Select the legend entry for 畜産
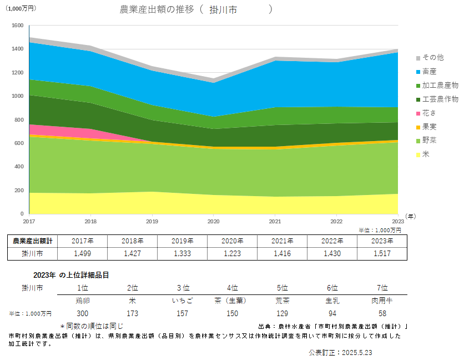click(x=428, y=72)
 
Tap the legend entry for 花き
click(x=428, y=113)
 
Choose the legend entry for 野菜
click(x=428, y=141)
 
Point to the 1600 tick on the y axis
click(x=17, y=26)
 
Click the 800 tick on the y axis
click(x=18, y=120)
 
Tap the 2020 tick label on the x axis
click(x=214, y=221)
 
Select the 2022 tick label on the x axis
click(x=336, y=221)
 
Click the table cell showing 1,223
click(x=232, y=254)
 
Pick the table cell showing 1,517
click(x=382, y=254)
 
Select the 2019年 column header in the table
click(x=182, y=241)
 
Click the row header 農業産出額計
click(x=32, y=241)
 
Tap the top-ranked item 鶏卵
click(x=82, y=301)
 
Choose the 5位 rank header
click(x=282, y=288)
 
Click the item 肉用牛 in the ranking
click(x=382, y=301)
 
